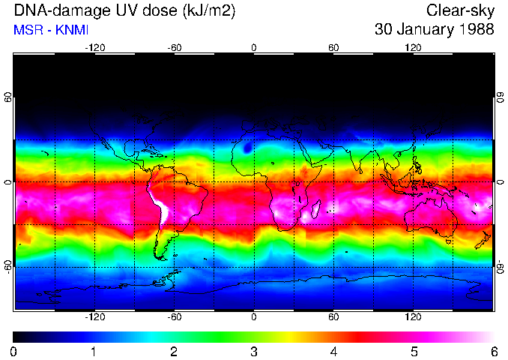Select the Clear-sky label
click(x=460, y=10)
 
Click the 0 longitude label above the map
click(x=254, y=47)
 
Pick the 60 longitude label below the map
click(x=333, y=317)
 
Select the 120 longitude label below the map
click(x=414, y=317)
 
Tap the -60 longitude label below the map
click(x=174, y=317)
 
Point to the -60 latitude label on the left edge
click(x=8, y=266)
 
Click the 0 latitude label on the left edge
click(x=8, y=182)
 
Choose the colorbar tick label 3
click(x=253, y=351)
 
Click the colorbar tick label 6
click(x=493, y=351)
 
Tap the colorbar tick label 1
click(x=94, y=351)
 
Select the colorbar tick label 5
click(x=414, y=351)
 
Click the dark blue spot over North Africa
click(x=248, y=148)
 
